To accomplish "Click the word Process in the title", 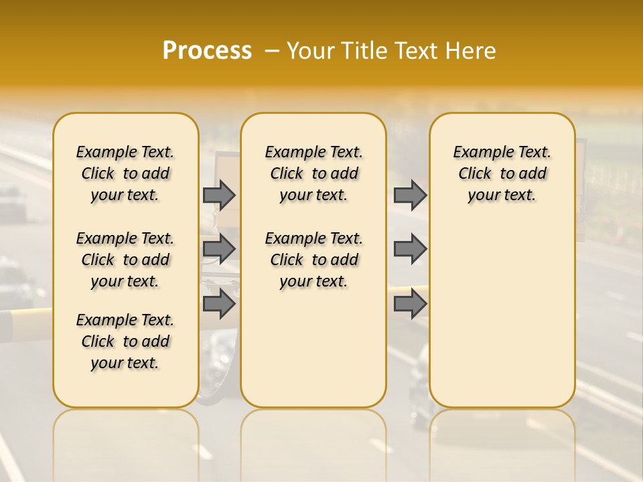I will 207,51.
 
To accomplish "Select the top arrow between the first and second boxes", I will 218,195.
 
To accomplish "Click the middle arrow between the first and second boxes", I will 218,249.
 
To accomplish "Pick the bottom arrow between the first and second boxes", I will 218,303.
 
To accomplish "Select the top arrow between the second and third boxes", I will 409,195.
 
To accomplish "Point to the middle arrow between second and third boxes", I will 409,249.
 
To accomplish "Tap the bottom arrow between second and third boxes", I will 409,303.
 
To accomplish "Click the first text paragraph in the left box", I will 125,173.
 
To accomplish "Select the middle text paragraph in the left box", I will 125,260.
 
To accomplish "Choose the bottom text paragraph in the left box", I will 125,341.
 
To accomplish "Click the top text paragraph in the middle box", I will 313,173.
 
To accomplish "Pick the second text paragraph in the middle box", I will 313,260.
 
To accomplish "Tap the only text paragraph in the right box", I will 502,173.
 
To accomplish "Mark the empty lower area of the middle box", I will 313,348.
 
